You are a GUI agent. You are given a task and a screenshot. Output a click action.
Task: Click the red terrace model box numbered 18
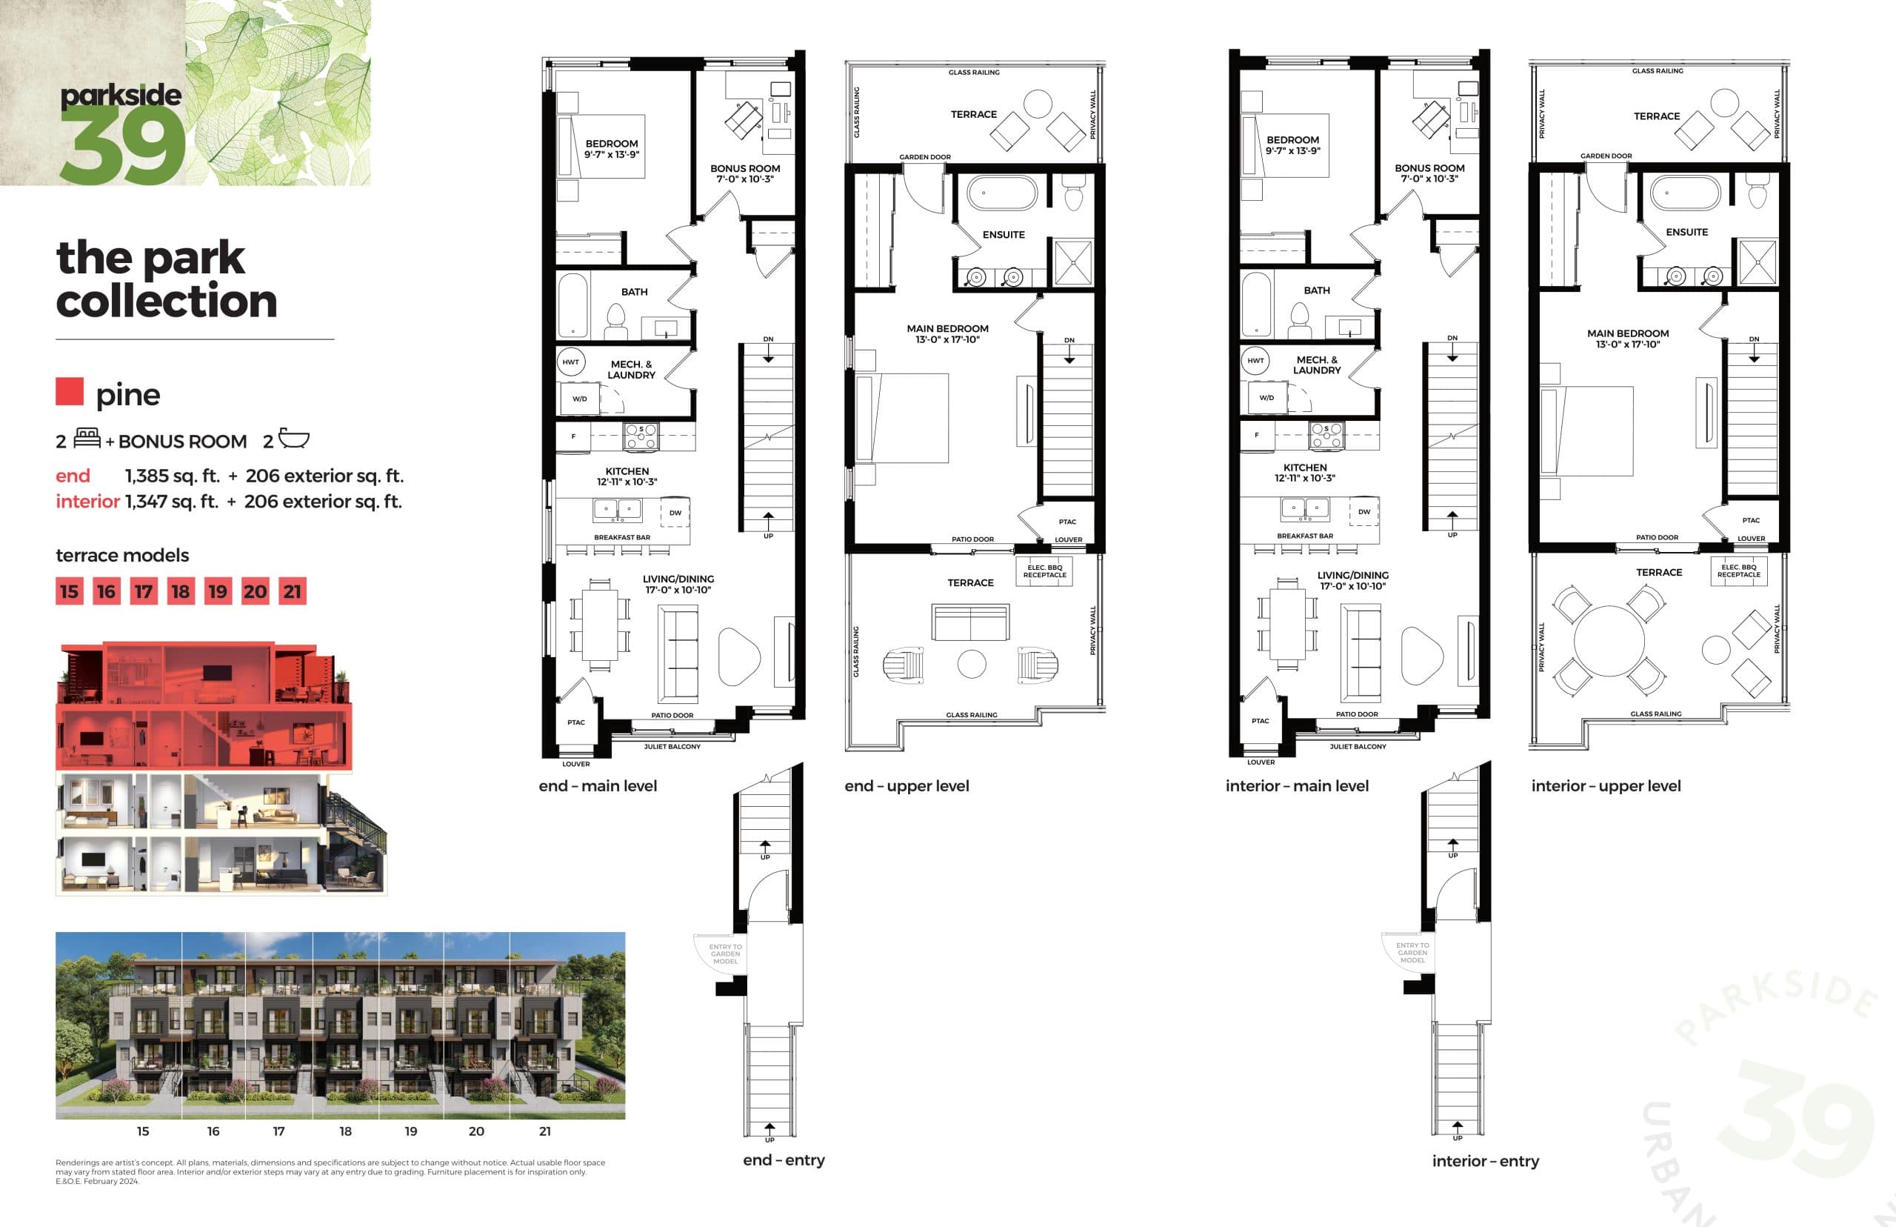pyautogui.click(x=181, y=591)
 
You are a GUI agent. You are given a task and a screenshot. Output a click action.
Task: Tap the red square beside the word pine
pyautogui.click(x=70, y=391)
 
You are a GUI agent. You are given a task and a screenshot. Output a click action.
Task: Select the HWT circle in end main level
pyautogui.click(x=571, y=362)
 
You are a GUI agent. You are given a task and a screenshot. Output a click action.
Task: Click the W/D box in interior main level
pyautogui.click(x=1266, y=398)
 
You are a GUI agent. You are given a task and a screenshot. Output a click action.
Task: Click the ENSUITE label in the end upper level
pyautogui.click(x=1004, y=234)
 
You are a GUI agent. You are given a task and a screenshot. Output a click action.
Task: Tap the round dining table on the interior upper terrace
pyautogui.click(x=1609, y=642)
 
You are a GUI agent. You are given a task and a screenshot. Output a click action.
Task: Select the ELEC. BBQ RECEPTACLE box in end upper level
pyautogui.click(x=1044, y=571)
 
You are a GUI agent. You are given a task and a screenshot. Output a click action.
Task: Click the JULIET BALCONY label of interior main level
pyautogui.click(x=1358, y=747)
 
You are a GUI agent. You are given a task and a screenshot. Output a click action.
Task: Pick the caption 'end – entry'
pyautogui.click(x=784, y=1160)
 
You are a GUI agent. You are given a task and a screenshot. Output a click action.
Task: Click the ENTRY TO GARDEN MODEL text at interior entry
pyautogui.click(x=1412, y=953)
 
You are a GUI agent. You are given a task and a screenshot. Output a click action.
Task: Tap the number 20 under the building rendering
pyautogui.click(x=476, y=1131)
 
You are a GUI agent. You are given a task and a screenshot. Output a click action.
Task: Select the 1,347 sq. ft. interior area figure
pyautogui.click(x=171, y=501)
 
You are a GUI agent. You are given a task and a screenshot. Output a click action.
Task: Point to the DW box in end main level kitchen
pyautogui.click(x=675, y=512)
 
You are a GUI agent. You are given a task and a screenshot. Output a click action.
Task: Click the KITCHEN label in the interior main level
pyautogui.click(x=1304, y=468)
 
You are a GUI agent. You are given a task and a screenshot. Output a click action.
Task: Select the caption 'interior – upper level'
pyautogui.click(x=1606, y=785)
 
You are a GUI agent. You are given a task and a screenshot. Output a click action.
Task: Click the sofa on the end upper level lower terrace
pyautogui.click(x=970, y=622)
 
